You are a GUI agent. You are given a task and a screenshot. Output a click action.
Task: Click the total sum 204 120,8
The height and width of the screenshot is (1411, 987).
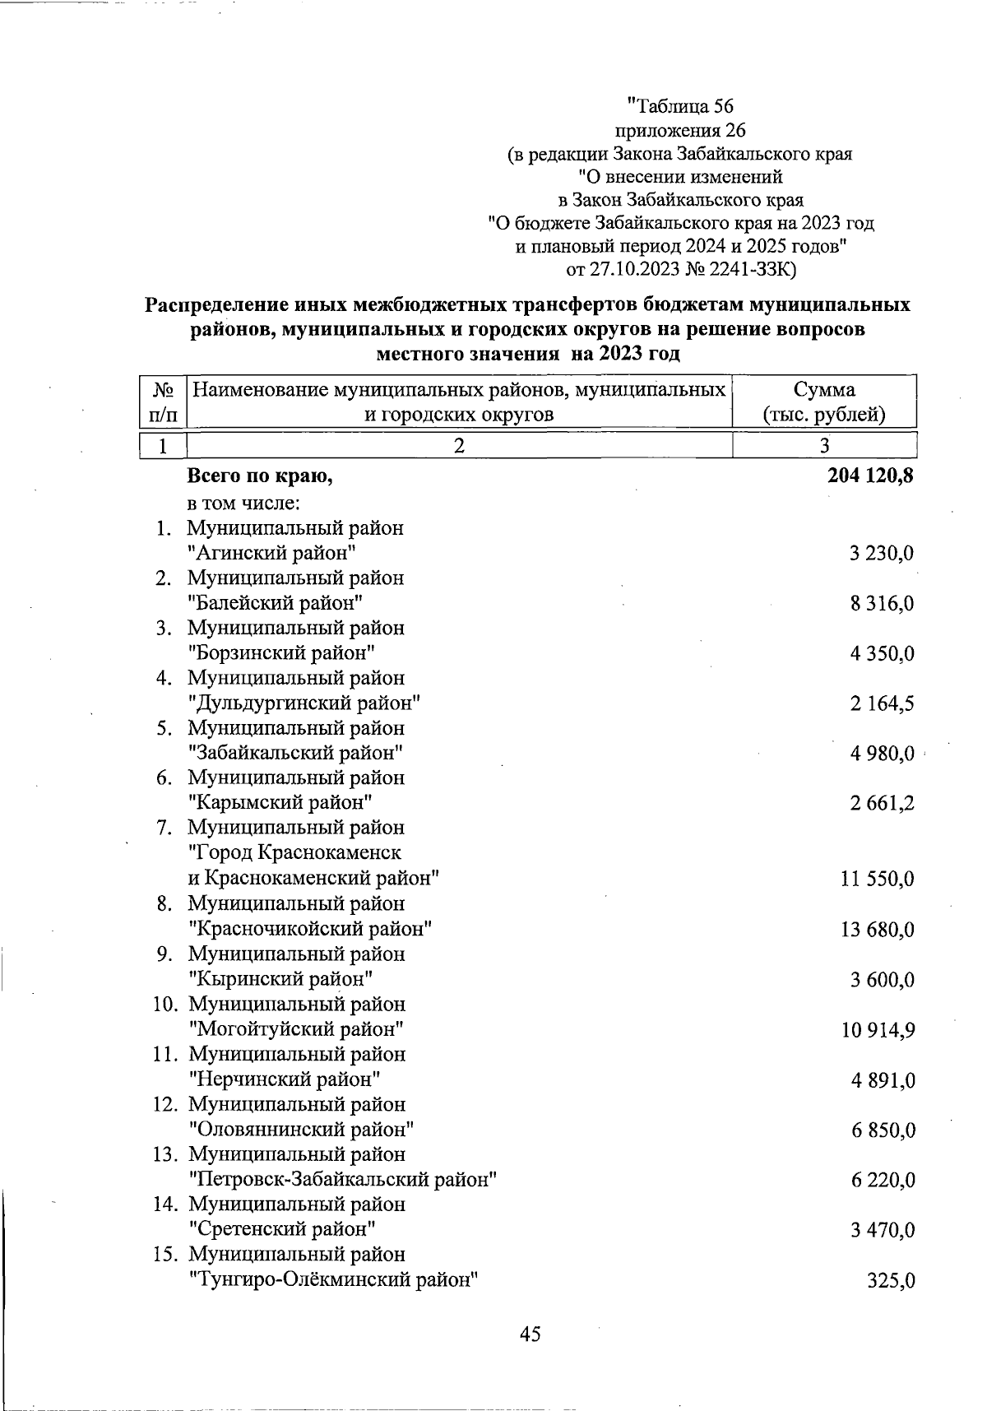pyautogui.click(x=867, y=476)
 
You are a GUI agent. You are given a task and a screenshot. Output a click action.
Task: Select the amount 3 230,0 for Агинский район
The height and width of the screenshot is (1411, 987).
pyautogui.click(x=882, y=553)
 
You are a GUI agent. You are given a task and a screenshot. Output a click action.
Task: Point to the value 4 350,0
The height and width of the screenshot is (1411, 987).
pyautogui.click(x=882, y=654)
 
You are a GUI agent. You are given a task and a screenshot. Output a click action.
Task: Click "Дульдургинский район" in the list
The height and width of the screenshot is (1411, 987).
pyautogui.click(x=304, y=703)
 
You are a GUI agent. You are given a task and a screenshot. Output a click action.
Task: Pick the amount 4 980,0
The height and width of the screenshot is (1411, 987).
pyautogui.click(x=882, y=754)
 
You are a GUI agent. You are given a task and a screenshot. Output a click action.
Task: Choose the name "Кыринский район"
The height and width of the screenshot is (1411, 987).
pyautogui.click(x=281, y=979)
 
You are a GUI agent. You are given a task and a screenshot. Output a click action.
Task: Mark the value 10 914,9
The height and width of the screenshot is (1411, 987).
pyautogui.click(x=877, y=1030)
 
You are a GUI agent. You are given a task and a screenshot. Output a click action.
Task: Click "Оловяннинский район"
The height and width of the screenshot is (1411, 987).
pyautogui.click(x=301, y=1130)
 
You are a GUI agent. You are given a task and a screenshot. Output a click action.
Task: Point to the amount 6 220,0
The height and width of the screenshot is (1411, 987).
pyautogui.click(x=883, y=1181)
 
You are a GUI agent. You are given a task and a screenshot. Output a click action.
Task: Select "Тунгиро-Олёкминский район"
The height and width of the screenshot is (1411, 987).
pyautogui.click(x=334, y=1280)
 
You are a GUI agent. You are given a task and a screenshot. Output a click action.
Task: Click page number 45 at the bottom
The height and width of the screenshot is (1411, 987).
pyautogui.click(x=531, y=1334)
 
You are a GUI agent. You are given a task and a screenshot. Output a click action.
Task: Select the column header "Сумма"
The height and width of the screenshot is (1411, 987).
pyautogui.click(x=824, y=390)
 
